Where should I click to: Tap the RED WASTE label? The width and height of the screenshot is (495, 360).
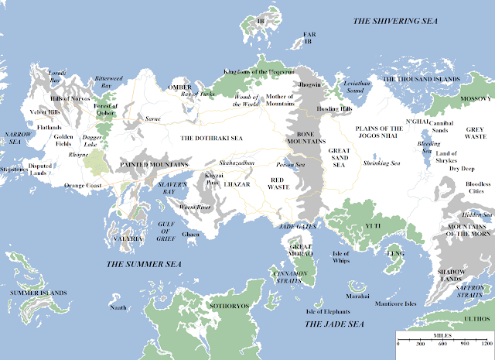[x=278, y=182]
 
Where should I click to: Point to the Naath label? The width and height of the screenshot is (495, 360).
[x=118, y=308]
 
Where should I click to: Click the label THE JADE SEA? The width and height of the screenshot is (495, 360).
[x=334, y=323]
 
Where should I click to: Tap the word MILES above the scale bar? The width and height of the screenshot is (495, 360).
[x=443, y=333]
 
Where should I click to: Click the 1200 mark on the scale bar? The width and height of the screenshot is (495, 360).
[x=485, y=343]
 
